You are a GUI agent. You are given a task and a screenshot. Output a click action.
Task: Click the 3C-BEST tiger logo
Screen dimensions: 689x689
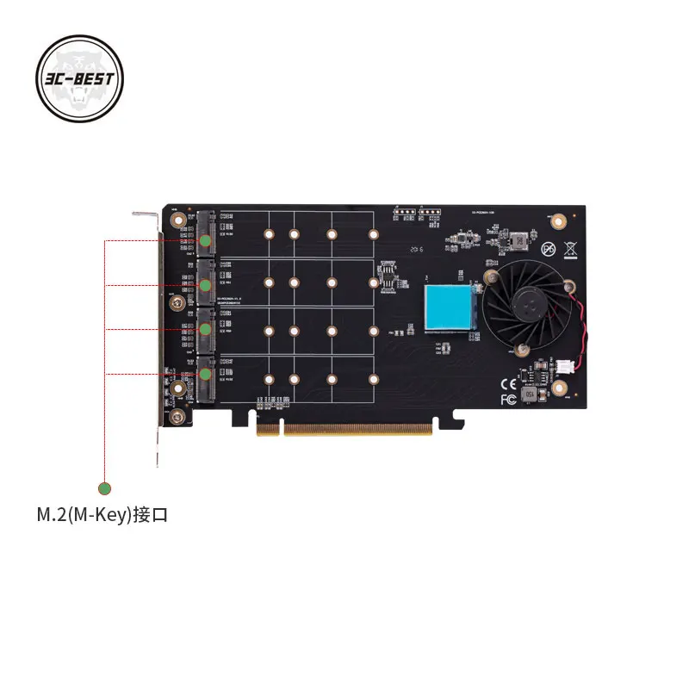80,80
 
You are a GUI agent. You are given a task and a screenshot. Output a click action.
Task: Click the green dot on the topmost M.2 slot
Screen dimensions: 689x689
205,241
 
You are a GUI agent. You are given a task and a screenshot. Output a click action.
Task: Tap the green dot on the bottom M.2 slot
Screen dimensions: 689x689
206,375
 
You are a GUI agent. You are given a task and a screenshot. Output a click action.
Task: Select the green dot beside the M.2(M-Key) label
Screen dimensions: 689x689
104,489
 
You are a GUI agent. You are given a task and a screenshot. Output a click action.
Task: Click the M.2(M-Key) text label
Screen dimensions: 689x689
101,516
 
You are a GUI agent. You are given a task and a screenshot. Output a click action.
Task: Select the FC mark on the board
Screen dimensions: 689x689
508,399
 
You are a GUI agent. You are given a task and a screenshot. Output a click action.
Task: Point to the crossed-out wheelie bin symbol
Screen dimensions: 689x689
569,250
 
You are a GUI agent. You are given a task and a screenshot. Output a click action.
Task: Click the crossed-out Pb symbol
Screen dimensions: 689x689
548,250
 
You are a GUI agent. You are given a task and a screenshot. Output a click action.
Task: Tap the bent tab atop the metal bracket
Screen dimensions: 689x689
144,214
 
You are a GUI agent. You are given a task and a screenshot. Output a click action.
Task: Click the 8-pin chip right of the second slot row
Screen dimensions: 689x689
387,281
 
